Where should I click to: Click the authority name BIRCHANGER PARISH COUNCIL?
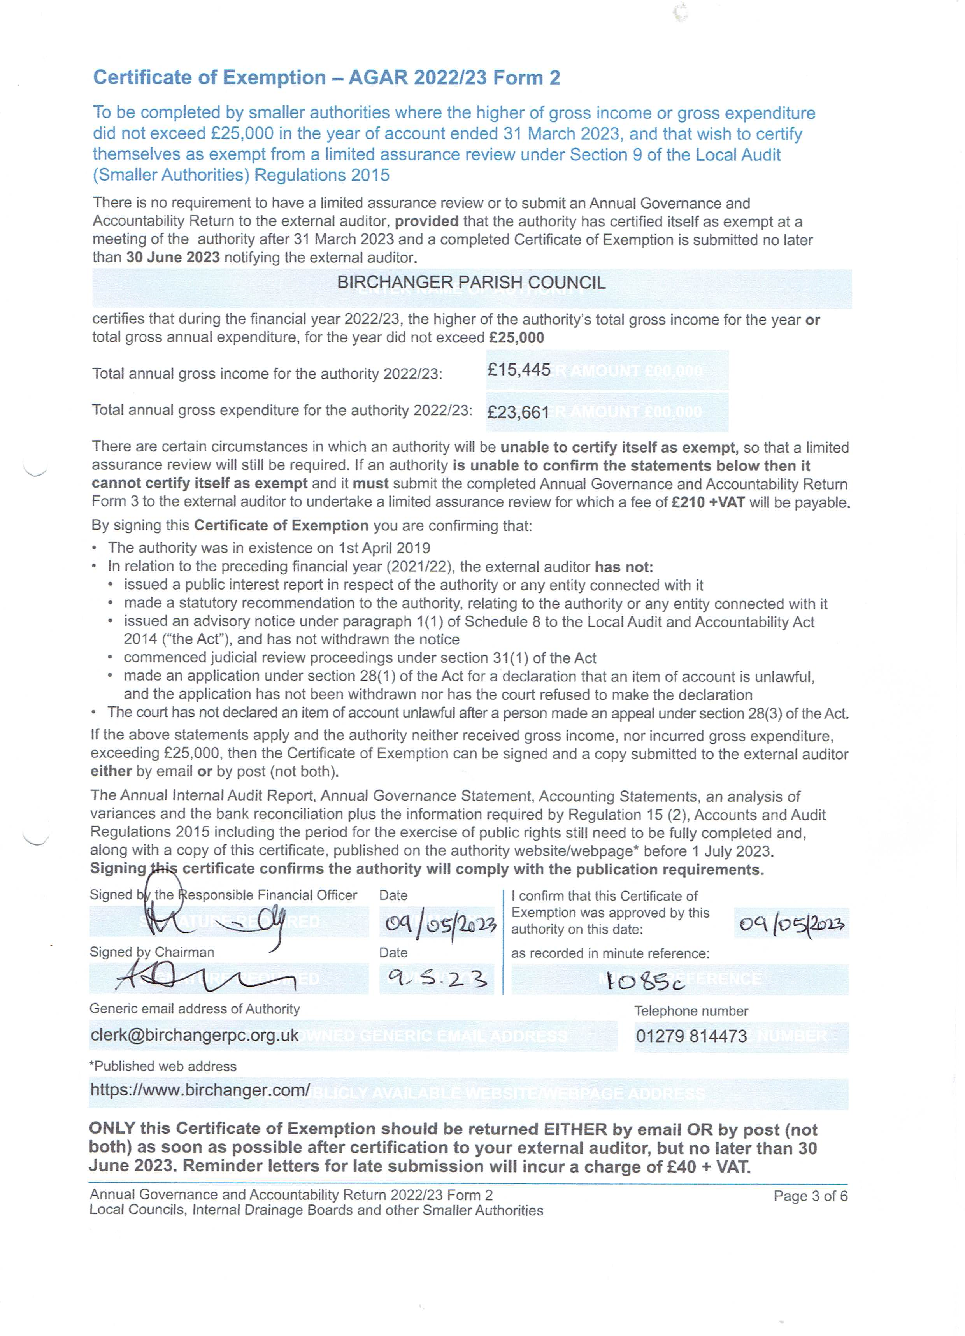coord(471,283)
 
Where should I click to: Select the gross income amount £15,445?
coord(518,370)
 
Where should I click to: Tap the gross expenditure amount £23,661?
coord(518,412)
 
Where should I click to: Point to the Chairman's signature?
coord(206,978)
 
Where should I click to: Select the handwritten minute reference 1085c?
coord(645,981)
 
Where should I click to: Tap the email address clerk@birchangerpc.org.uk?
coord(195,1036)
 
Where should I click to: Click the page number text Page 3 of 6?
coord(810,1196)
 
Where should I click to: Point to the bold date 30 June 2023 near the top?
coord(173,257)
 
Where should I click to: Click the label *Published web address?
coord(163,1066)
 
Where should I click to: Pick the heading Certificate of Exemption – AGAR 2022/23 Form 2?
coord(326,77)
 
